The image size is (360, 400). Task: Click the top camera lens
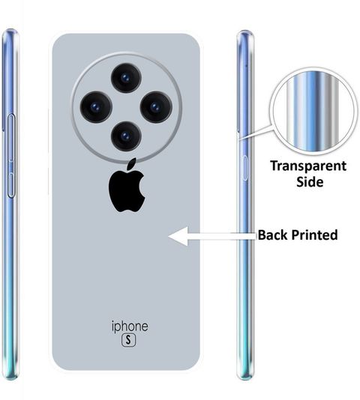(x=126, y=78)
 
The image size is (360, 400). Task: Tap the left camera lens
(x=96, y=107)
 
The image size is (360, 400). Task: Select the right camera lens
(x=156, y=107)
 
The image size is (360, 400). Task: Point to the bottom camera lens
(x=126, y=136)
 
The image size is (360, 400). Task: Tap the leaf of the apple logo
(x=132, y=164)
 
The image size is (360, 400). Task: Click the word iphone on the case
(x=130, y=327)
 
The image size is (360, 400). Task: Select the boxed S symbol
(x=128, y=340)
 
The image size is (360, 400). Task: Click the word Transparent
(x=308, y=167)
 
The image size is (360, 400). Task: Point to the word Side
(x=310, y=182)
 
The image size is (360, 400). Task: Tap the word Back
(x=272, y=235)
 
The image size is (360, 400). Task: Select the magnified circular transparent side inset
(x=313, y=111)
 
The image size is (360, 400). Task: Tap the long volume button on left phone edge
(x=11, y=138)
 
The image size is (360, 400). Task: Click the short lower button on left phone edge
(x=11, y=185)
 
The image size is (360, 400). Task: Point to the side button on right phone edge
(x=244, y=168)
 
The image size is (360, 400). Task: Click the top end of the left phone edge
(x=10, y=30)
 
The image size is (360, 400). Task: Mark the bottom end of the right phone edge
(x=245, y=379)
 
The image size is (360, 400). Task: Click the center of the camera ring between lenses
(x=126, y=107)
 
